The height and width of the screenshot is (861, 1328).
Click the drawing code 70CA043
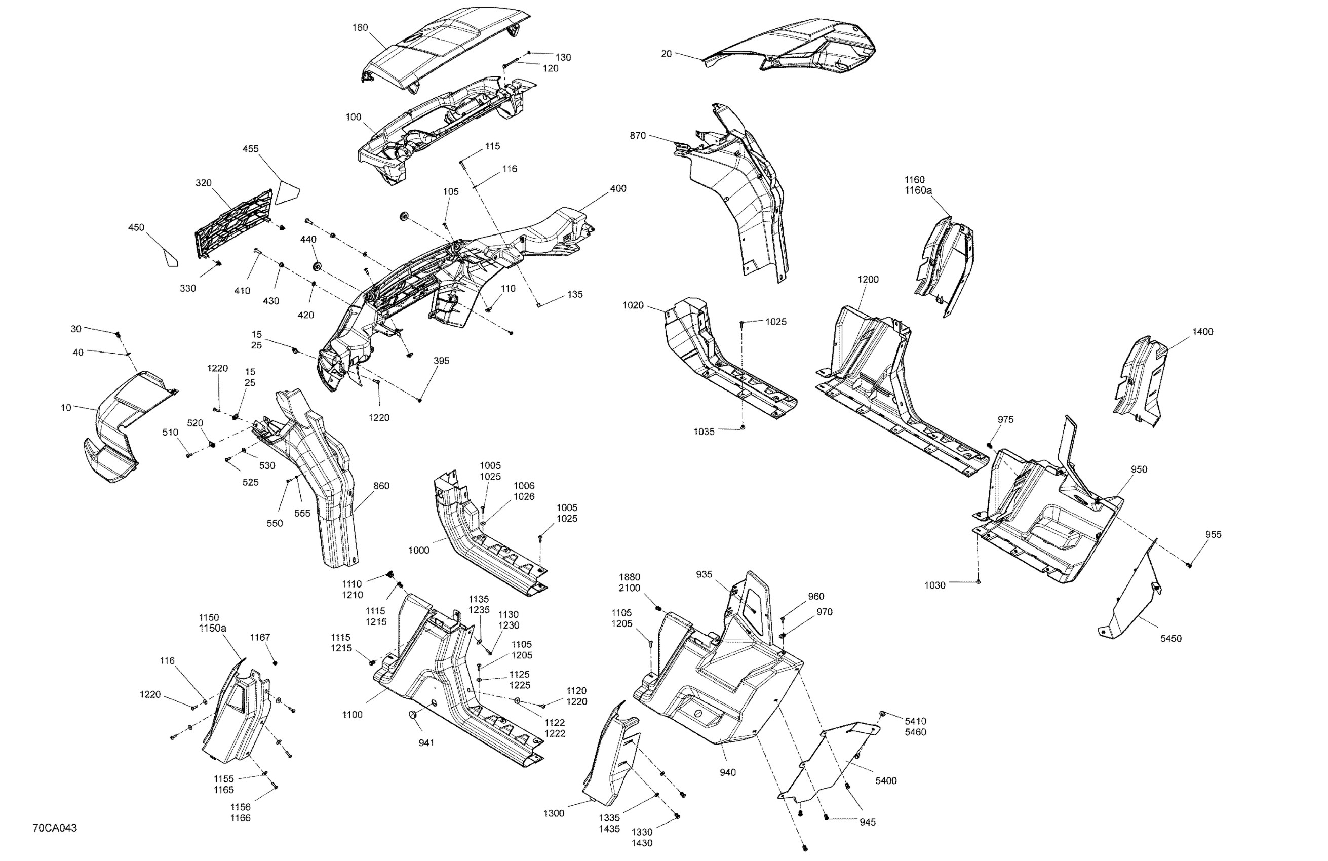coord(55,828)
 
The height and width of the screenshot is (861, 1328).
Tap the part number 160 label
coord(360,27)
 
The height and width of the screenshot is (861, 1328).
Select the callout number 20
coord(666,54)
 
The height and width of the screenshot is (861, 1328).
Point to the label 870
coord(638,136)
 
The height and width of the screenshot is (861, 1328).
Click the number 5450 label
coord(1170,638)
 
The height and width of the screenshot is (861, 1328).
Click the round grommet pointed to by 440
coord(319,265)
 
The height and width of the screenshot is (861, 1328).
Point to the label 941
coord(426,742)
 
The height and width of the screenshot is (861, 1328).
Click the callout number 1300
coord(554,813)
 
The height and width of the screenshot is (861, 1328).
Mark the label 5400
coord(885,780)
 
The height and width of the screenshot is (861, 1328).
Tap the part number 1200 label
coord(868,280)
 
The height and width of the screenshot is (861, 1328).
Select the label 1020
coord(633,305)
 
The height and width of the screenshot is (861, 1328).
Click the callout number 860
coord(381,486)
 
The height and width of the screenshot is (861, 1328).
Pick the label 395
coord(441,361)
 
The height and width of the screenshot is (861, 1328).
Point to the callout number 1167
coord(260,637)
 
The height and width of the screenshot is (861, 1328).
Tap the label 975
coord(1005,420)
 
